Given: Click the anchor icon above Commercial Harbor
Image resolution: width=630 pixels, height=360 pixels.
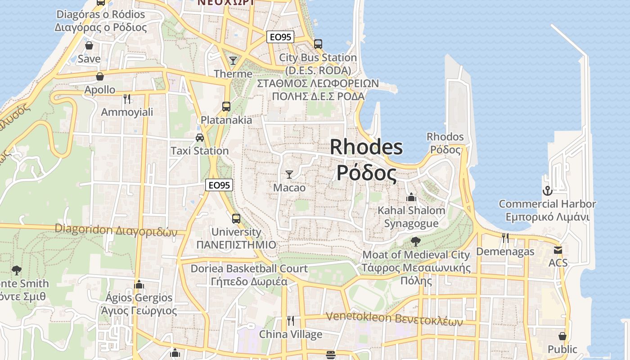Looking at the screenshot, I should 547,191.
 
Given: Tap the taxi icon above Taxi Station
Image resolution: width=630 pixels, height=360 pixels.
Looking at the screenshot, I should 200,138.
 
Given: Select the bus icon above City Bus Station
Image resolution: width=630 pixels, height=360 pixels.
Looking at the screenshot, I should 318,44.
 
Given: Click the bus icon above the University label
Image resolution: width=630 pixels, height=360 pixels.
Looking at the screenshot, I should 236,219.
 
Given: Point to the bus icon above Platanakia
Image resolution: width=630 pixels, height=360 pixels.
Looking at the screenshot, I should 226,107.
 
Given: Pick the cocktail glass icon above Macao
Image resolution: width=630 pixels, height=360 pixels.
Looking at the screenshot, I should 289,174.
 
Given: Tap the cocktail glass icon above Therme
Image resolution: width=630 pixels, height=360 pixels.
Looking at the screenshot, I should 233,60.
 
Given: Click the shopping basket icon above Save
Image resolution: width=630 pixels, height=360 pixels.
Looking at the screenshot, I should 89,45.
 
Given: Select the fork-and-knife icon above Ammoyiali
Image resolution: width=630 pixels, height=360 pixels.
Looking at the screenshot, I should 127,99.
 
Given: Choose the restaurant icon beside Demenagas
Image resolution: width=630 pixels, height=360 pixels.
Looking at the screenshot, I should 505,238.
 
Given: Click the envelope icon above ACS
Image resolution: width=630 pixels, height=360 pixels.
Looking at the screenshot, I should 558,250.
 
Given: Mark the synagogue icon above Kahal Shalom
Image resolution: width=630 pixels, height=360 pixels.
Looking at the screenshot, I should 411,197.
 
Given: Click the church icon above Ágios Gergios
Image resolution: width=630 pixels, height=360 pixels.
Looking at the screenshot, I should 139,284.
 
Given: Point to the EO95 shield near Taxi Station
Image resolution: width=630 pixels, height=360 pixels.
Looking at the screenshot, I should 219,184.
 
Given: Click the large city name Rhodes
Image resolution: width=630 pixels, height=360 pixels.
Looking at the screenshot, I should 366,147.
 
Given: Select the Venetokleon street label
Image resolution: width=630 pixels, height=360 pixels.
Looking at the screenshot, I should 394,318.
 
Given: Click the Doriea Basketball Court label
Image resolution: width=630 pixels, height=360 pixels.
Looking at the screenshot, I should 249,269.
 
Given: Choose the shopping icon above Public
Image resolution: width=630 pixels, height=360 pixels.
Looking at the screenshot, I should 562,336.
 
